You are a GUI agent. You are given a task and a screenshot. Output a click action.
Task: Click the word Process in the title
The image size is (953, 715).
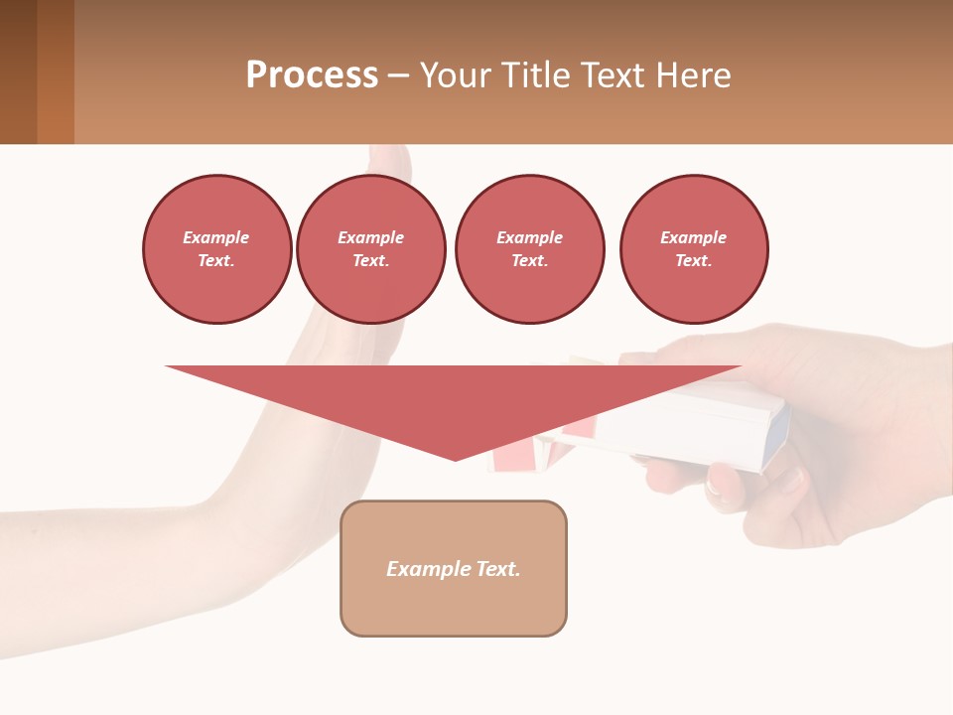coord(312,75)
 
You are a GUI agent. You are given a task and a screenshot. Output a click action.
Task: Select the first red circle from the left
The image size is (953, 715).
coord(216,248)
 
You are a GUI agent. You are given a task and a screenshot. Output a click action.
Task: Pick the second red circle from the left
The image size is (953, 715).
coord(371,248)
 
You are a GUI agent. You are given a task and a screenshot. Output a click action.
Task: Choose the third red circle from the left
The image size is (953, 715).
coord(529,248)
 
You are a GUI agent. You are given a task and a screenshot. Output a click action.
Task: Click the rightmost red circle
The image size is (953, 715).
coord(694,248)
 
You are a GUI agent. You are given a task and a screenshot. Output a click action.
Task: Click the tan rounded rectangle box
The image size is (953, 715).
coord(454,606)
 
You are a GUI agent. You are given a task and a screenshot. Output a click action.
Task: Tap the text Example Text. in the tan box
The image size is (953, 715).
coord(454,569)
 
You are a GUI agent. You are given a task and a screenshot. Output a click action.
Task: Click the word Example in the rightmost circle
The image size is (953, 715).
coord(693,237)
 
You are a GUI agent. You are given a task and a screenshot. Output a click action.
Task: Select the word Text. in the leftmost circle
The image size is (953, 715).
coord(216,260)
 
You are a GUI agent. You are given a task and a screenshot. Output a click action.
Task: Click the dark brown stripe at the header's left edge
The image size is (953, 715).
coord(18,71)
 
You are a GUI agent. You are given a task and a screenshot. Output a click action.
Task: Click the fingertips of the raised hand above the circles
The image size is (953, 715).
coord(389,159)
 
